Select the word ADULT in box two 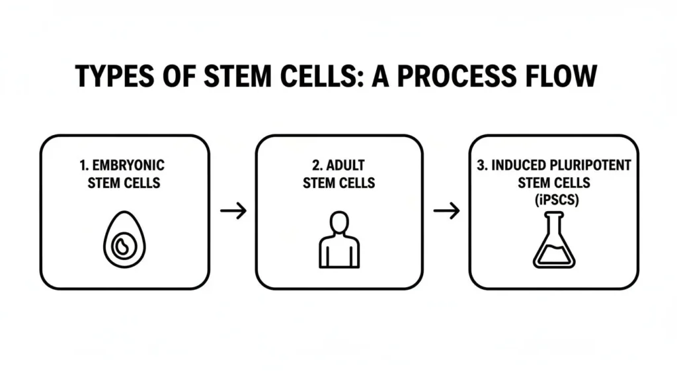point(347,165)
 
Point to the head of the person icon point(338,222)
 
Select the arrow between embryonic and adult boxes point(233,211)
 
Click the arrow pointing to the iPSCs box point(446,211)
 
